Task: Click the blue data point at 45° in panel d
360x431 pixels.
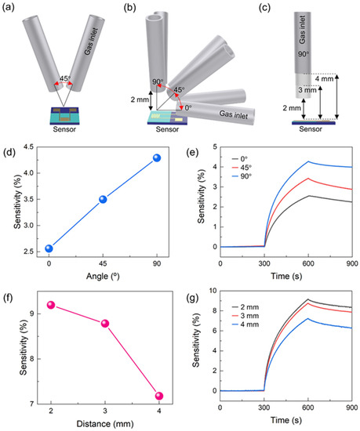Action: pos(103,199)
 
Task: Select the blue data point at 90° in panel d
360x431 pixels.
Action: pos(157,158)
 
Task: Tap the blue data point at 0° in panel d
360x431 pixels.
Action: pos(49,248)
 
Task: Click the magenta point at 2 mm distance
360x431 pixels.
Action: pos(50,305)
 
